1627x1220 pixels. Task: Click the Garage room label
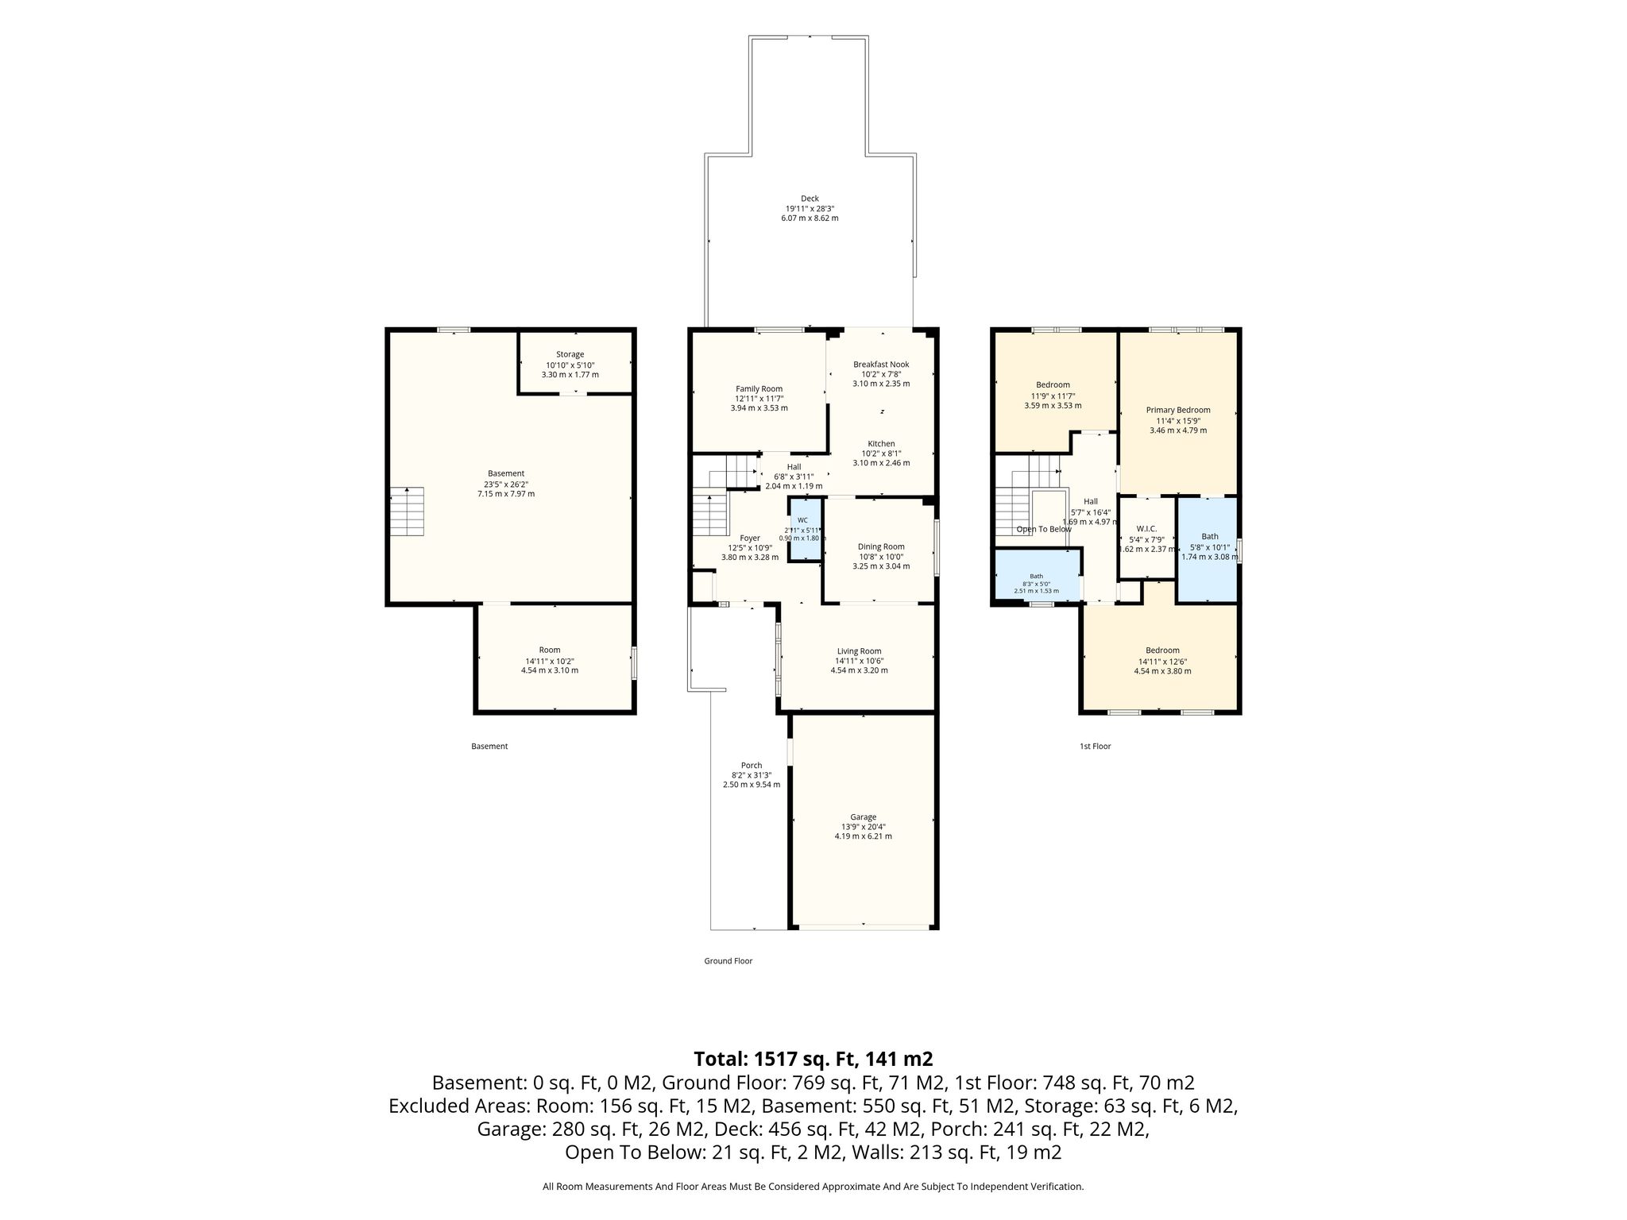click(x=863, y=817)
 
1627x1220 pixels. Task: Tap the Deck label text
click(x=809, y=199)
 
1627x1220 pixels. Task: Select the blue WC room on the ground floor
click(x=805, y=530)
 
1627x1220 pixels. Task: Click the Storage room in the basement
click(x=575, y=362)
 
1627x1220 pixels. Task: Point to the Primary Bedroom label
click(x=1178, y=410)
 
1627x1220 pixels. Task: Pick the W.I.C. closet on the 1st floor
click(x=1146, y=538)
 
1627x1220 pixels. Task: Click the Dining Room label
click(x=881, y=546)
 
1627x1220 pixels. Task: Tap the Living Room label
click(x=859, y=651)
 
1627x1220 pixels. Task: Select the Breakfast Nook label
click(x=881, y=364)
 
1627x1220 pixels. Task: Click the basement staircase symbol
click(x=407, y=511)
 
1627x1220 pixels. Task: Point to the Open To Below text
click(x=1044, y=529)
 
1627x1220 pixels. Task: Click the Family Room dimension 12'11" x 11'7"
click(x=759, y=399)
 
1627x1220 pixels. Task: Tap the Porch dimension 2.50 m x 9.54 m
click(x=752, y=785)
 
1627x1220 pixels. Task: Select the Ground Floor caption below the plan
click(x=728, y=961)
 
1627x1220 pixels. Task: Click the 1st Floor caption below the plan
click(x=1095, y=747)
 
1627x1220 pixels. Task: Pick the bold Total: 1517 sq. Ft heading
click(x=813, y=1059)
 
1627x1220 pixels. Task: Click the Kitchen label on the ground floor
click(x=881, y=443)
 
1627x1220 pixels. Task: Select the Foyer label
click(x=750, y=538)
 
